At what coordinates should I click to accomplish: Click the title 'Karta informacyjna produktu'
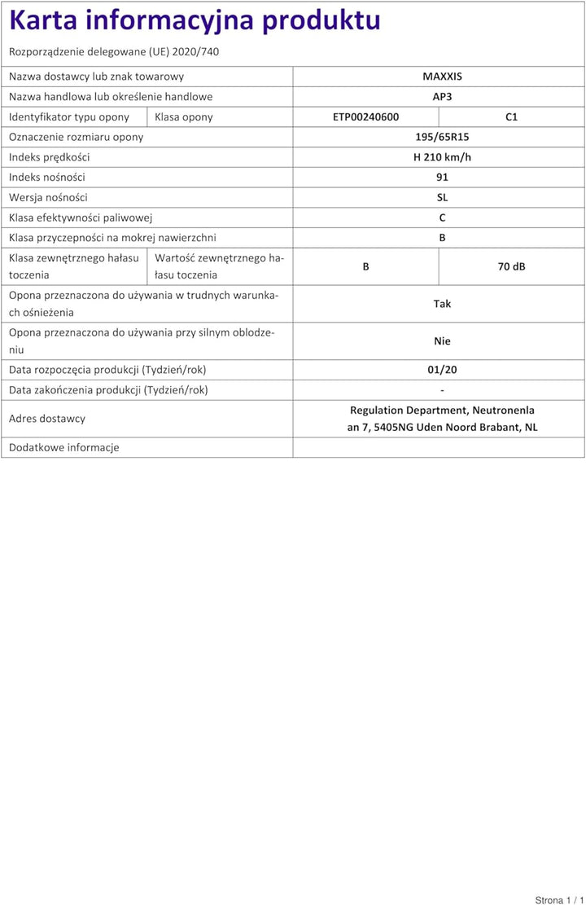tap(195, 20)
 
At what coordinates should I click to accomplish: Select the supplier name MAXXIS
tap(442, 77)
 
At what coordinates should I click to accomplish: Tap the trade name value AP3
tap(442, 97)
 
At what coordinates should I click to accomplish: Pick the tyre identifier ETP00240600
tap(365, 116)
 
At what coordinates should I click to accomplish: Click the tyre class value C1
tap(511, 116)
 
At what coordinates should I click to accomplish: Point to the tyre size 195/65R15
tap(442, 137)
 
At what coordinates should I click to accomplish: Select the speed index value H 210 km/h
tap(442, 157)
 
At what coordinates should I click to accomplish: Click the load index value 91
tap(442, 177)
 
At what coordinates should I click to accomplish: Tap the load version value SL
tap(442, 197)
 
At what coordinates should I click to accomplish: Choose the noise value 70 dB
tap(511, 266)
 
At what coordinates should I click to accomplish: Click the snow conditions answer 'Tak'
tap(442, 304)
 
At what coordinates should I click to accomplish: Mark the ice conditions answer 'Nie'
tap(442, 341)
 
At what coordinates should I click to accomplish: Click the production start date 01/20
tap(442, 370)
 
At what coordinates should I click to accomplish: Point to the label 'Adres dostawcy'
tap(47, 419)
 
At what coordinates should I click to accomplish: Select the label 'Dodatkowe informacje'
tap(64, 447)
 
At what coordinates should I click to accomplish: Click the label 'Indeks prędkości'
tap(50, 157)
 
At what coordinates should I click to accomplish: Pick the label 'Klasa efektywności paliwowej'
tap(81, 217)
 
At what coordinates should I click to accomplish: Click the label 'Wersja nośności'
tap(48, 197)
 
